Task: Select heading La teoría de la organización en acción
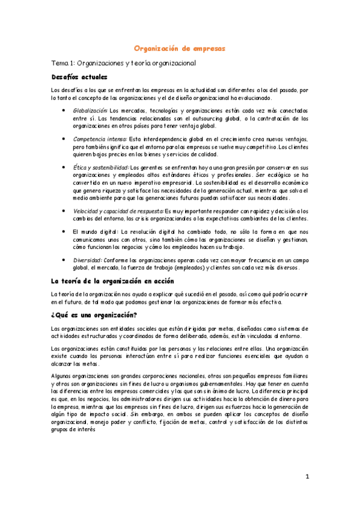click(112, 280)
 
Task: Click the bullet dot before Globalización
click(64, 111)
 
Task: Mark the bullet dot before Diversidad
click(64, 260)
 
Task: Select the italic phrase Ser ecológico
click(275, 174)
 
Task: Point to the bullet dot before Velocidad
click(64, 211)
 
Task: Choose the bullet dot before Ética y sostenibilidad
click(64, 167)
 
